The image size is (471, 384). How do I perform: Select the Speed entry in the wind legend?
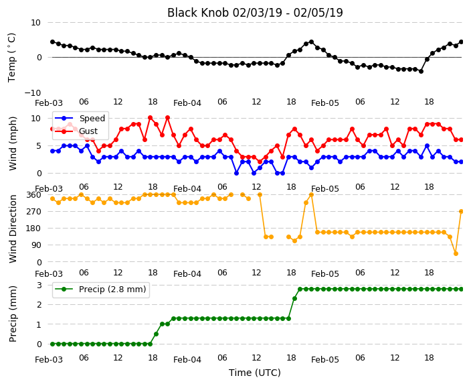(92, 118)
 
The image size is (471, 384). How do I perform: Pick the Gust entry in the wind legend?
(88, 131)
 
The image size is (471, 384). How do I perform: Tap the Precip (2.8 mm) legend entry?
(112, 290)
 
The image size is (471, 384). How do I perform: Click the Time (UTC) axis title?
(255, 373)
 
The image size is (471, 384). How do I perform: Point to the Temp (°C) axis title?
(12, 58)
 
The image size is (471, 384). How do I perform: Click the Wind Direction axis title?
(13, 229)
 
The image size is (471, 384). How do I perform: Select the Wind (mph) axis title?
(13, 143)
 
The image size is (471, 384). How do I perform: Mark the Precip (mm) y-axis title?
(13, 314)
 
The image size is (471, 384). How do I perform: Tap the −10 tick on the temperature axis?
(32, 92)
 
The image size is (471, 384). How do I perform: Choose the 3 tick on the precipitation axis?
(39, 285)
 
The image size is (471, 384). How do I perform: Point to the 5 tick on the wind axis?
(39, 146)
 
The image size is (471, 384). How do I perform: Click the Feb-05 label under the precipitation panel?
(325, 360)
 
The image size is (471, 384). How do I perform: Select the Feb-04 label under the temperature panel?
(187, 103)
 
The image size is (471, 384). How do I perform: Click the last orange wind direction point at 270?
(462, 212)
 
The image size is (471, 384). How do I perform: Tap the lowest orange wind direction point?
(456, 254)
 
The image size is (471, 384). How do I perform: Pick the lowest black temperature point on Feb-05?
(421, 71)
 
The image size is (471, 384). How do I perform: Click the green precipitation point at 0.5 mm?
(156, 334)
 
